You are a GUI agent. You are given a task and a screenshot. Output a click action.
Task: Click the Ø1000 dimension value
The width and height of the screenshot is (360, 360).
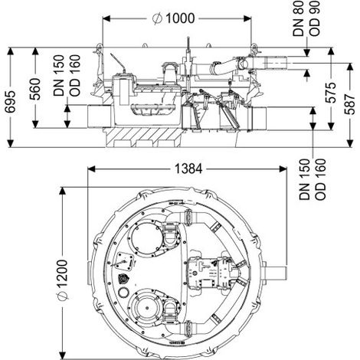click(x=174, y=18)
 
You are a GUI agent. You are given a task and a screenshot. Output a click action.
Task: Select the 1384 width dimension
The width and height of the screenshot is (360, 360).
click(x=188, y=169)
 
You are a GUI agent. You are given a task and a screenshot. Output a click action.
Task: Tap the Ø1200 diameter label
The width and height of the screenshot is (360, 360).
click(x=62, y=280)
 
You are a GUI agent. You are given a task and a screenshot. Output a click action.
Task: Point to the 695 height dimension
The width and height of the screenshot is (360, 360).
click(x=11, y=101)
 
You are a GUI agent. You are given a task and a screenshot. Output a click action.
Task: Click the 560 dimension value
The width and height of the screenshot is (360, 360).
click(x=35, y=89)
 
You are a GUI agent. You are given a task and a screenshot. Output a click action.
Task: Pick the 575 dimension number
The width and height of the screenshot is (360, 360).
click(x=331, y=92)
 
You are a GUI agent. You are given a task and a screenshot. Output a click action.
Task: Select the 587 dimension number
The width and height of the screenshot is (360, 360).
click(x=350, y=104)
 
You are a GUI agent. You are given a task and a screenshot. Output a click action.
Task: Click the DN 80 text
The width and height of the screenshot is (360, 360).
click(x=299, y=18)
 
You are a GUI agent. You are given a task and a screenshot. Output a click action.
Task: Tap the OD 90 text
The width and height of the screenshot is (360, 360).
click(x=314, y=18)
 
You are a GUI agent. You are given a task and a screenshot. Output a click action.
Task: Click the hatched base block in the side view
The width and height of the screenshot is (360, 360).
click(x=143, y=137)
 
